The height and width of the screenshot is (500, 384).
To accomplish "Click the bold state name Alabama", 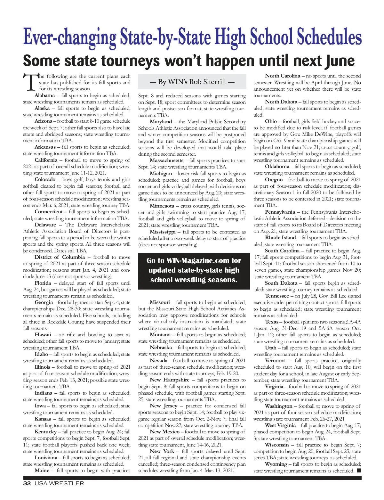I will point(44,95).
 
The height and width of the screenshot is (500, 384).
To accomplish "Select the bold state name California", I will point(46,160).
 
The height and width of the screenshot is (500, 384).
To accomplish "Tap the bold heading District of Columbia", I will point(60,257).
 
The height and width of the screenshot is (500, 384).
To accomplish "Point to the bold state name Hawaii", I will point(43,335).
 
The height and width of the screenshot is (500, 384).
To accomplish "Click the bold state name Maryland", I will point(161,122).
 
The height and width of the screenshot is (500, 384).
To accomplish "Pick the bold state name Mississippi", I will point(163,232).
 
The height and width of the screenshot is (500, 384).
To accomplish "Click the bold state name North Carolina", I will point(282,76).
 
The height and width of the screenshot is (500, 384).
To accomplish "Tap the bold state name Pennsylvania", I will point(280,212).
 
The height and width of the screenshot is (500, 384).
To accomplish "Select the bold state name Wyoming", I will point(276,464).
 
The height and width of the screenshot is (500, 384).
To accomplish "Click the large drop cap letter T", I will point(30,83).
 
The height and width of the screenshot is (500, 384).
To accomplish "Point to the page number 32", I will point(27,484).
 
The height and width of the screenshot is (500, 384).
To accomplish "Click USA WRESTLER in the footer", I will point(59,484).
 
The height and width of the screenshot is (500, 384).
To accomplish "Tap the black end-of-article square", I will point(359,471).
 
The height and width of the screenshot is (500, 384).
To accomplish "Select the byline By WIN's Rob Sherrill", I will point(192,82).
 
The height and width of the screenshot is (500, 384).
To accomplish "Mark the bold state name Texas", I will point(272,322).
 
